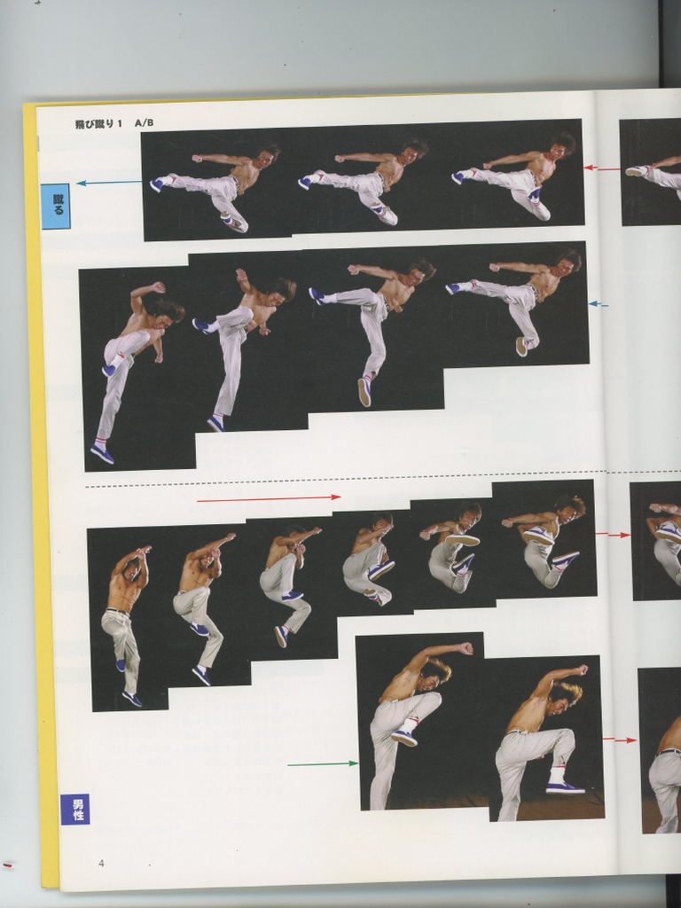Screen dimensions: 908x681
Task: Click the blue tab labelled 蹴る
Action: coord(55,207)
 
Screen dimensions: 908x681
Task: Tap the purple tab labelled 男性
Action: coord(74,809)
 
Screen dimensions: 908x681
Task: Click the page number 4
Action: coord(101,863)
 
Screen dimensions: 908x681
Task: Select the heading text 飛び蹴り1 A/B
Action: coord(114,124)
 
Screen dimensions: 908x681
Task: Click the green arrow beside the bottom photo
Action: coord(323,763)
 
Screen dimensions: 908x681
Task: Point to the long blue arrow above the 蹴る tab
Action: coord(109,183)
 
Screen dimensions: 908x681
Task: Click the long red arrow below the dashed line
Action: coord(269,498)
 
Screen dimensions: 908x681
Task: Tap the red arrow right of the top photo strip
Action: coord(601,167)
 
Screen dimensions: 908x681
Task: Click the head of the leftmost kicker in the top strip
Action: coord(265,157)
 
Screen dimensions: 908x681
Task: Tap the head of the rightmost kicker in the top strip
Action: coord(561,146)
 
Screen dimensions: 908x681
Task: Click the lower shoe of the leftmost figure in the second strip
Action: coord(102,454)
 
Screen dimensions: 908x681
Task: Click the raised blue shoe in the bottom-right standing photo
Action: coord(564,787)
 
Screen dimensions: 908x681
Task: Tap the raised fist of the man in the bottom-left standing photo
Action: coord(466,648)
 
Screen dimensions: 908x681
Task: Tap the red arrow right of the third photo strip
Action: coord(612,534)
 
